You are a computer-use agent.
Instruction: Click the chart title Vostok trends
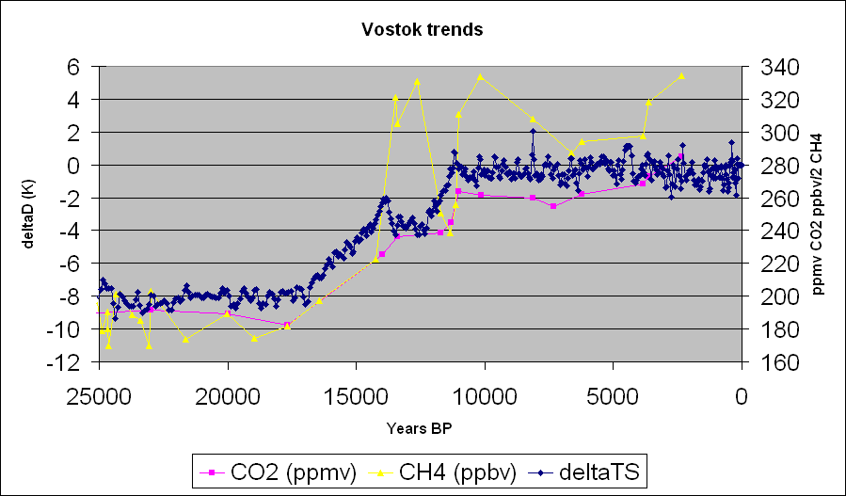[x=423, y=30]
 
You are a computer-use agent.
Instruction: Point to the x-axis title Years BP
[x=419, y=429]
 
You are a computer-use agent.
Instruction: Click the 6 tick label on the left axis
[x=72, y=67]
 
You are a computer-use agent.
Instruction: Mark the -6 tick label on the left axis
[x=68, y=264]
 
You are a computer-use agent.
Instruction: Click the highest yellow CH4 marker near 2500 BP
[x=681, y=75]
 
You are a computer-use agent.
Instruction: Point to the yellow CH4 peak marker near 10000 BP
[x=481, y=76]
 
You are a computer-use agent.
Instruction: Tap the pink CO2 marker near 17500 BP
[x=286, y=325]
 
